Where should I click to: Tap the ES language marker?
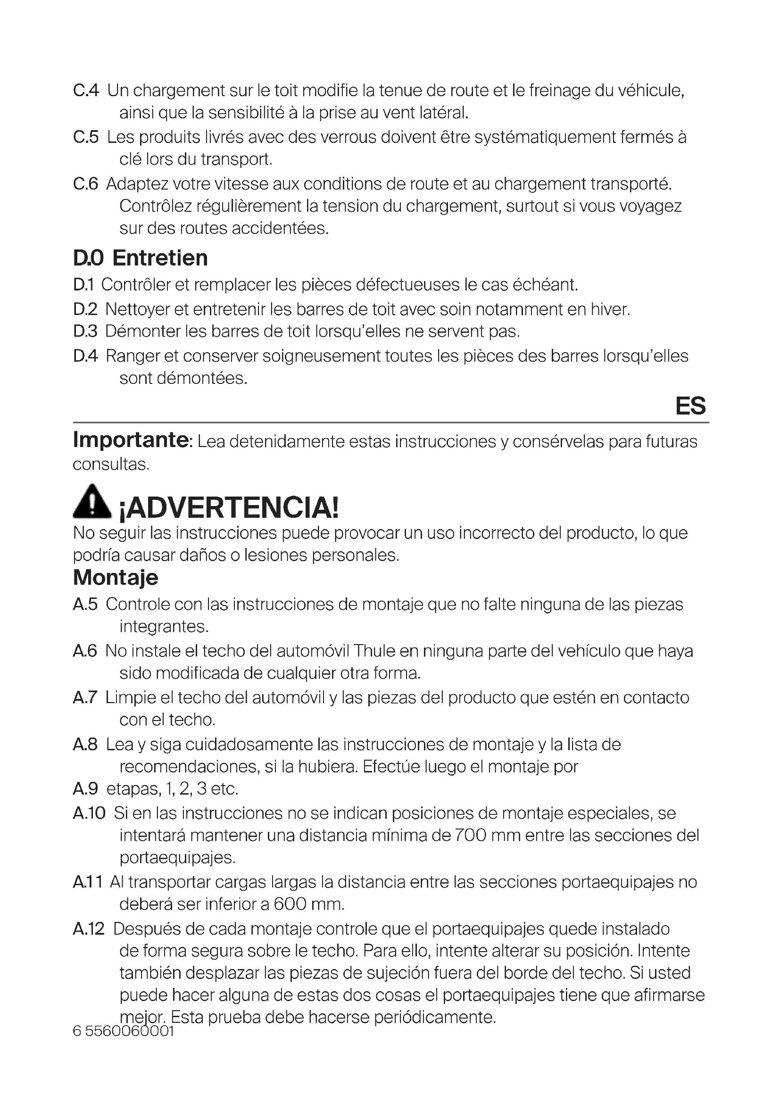(x=690, y=406)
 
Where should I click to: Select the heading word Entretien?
(x=160, y=258)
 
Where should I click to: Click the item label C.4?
(x=86, y=91)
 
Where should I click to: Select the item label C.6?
(x=85, y=183)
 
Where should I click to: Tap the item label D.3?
(x=85, y=331)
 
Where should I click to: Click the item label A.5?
(x=85, y=604)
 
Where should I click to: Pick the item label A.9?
(x=85, y=788)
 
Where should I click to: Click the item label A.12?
(x=89, y=929)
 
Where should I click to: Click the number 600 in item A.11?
(x=290, y=904)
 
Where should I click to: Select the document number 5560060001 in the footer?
(x=129, y=1031)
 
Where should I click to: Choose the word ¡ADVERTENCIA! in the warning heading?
(x=229, y=508)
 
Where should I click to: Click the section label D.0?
(x=88, y=258)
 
